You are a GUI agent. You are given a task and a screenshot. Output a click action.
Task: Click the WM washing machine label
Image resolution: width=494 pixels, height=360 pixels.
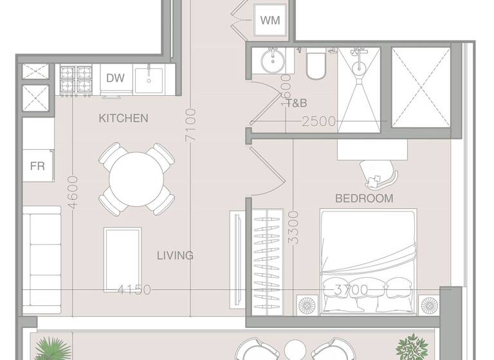[x=270, y=21]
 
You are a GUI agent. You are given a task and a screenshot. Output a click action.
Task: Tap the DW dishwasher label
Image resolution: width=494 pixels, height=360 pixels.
[x=115, y=78]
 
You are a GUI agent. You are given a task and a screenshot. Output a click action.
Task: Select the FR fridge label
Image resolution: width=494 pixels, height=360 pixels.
[x=37, y=165]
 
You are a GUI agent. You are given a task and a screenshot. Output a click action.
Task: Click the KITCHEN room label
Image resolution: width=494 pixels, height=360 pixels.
[x=123, y=118]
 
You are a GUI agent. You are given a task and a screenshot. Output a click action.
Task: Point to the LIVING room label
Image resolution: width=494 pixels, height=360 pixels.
[x=175, y=255]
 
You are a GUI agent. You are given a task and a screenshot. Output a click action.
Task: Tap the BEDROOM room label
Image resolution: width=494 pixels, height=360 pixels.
[x=364, y=199]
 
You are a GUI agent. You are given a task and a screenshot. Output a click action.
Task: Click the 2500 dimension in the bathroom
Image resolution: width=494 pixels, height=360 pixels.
[x=319, y=121]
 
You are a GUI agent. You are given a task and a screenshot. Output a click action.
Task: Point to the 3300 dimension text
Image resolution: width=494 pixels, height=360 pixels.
[x=293, y=227]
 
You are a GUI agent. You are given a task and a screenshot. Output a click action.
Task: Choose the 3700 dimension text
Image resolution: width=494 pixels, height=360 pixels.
[x=351, y=290]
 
